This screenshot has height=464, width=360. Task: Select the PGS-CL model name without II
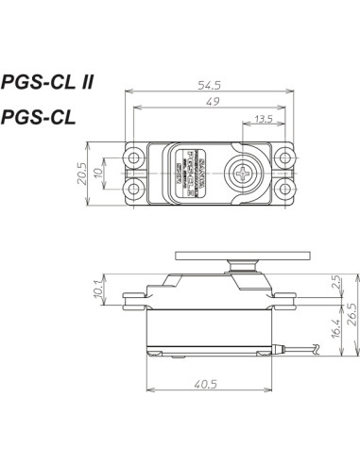(x=45, y=117)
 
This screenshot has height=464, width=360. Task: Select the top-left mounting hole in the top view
(x=138, y=157)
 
